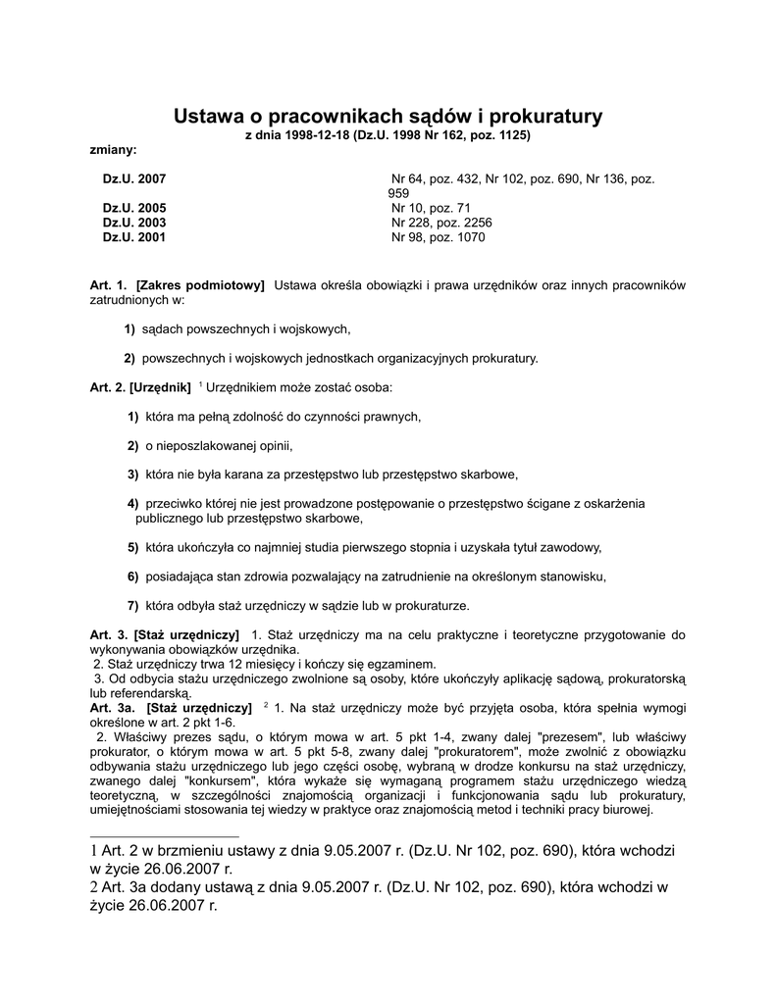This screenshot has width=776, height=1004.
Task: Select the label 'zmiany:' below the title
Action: (114, 149)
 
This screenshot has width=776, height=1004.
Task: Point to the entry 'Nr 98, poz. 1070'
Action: (439, 237)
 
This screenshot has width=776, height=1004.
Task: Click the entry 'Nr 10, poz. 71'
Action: (432, 209)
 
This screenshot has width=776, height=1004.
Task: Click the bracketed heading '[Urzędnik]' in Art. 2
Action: (160, 387)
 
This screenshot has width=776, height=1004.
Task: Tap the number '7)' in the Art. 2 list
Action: (133, 604)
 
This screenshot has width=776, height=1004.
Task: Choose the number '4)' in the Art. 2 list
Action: (133, 503)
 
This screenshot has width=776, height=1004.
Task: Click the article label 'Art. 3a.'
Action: (112, 707)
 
